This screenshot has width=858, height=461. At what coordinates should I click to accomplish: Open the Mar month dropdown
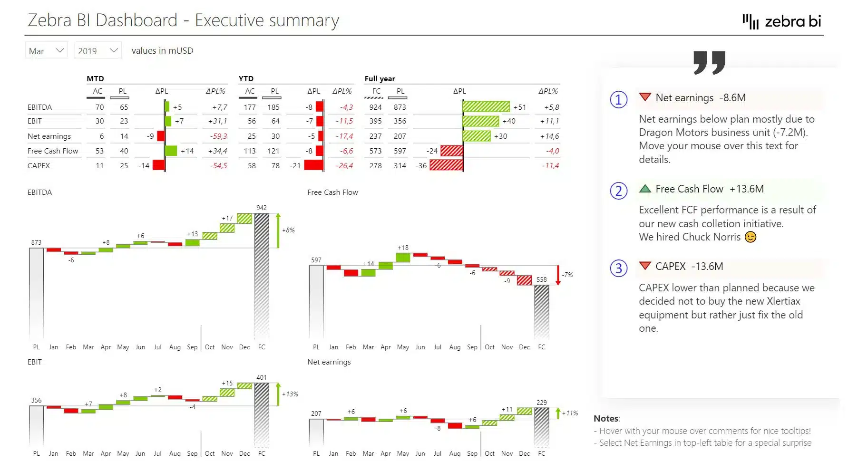[x=46, y=50]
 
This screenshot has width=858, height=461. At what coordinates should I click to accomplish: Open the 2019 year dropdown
[x=97, y=50]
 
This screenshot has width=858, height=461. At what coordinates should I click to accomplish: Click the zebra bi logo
[x=782, y=21]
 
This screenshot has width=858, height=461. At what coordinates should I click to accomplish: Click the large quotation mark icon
[x=709, y=62]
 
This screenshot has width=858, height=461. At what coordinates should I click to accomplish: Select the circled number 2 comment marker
[x=618, y=191]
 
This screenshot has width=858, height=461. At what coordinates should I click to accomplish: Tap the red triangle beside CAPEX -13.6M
[x=644, y=266]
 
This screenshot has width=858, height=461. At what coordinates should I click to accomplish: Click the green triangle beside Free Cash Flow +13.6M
[x=644, y=189]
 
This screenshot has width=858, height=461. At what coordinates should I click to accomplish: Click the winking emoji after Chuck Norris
[x=750, y=237]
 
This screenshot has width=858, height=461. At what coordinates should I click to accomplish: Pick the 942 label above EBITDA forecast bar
[x=262, y=208]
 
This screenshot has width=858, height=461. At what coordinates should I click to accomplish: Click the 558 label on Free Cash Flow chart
[x=541, y=279]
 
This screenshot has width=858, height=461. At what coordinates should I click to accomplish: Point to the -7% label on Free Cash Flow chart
[x=567, y=275]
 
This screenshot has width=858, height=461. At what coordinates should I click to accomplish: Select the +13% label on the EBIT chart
[x=290, y=394]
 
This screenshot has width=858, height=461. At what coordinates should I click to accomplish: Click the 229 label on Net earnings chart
[x=541, y=402]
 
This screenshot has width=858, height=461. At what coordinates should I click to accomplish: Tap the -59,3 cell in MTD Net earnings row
[x=218, y=136]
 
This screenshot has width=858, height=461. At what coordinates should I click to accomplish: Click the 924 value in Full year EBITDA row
[x=375, y=107]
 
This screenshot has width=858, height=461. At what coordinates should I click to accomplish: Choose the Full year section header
[x=380, y=78]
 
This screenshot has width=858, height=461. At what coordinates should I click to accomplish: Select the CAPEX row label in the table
[x=39, y=165]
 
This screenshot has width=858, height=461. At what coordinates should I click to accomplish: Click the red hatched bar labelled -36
[x=446, y=165]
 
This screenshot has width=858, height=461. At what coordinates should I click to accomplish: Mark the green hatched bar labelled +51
[x=486, y=106]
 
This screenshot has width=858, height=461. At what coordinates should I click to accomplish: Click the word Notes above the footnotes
[x=606, y=418]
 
